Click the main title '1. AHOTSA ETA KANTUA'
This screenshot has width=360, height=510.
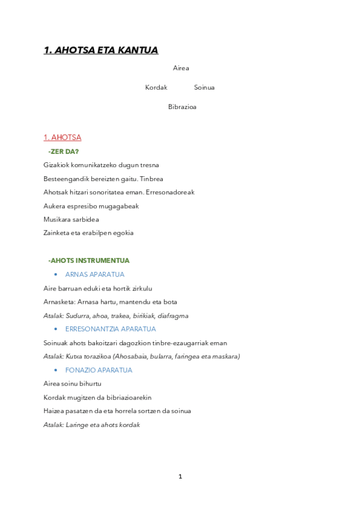coord(100,51)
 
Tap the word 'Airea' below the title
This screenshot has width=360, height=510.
coord(181,69)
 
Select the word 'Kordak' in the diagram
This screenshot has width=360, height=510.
coord(156,88)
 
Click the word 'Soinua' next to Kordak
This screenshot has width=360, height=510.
coord(204,88)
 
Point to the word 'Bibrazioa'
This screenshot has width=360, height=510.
coord(182,108)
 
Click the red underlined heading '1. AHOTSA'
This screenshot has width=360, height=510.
coord(63,138)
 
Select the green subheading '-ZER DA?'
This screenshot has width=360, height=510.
coord(63,152)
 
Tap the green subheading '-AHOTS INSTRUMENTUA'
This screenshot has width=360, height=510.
coord(89,261)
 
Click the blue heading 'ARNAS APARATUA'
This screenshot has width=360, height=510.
coord(95,275)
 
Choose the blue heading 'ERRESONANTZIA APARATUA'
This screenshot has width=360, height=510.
coord(111,330)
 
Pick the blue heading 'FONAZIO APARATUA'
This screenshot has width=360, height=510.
coord(99,370)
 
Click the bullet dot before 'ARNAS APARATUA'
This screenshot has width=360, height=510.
coord(56,275)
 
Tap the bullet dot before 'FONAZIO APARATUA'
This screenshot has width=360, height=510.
coord(56,370)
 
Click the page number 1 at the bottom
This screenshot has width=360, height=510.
coord(180,477)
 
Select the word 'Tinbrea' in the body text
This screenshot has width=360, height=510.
coord(151,179)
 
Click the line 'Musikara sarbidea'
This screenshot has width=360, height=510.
coord(72,220)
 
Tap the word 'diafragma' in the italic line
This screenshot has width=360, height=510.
coord(174,316)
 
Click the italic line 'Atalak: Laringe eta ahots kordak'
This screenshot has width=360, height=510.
coord(91,425)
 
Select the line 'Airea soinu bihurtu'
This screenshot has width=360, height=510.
coord(72,384)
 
